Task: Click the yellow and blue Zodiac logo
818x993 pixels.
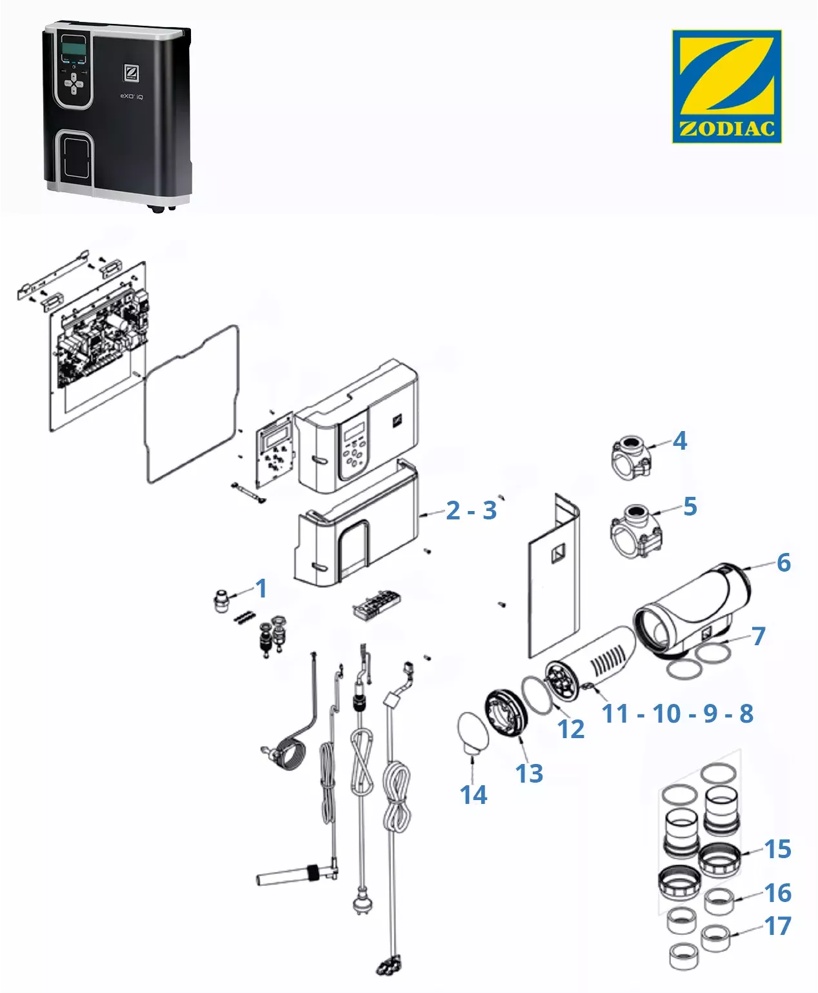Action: pyautogui.click(x=726, y=86)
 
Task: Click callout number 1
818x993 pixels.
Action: pyautogui.click(x=261, y=588)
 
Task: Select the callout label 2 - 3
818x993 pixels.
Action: pyautogui.click(x=471, y=510)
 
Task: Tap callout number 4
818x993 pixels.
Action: pyautogui.click(x=680, y=441)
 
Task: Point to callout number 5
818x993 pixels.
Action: pyautogui.click(x=690, y=507)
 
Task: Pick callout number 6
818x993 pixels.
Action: pyautogui.click(x=783, y=562)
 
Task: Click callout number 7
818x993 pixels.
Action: pyautogui.click(x=759, y=636)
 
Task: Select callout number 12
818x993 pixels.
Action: pyautogui.click(x=571, y=729)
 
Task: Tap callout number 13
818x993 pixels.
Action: pyautogui.click(x=529, y=773)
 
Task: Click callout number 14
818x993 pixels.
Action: pyautogui.click(x=474, y=795)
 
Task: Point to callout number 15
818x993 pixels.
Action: pyautogui.click(x=777, y=849)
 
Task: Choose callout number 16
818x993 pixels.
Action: pyautogui.click(x=777, y=893)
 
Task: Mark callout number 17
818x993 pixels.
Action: pyautogui.click(x=777, y=926)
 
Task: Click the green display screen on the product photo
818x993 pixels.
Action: pyautogui.click(x=74, y=46)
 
